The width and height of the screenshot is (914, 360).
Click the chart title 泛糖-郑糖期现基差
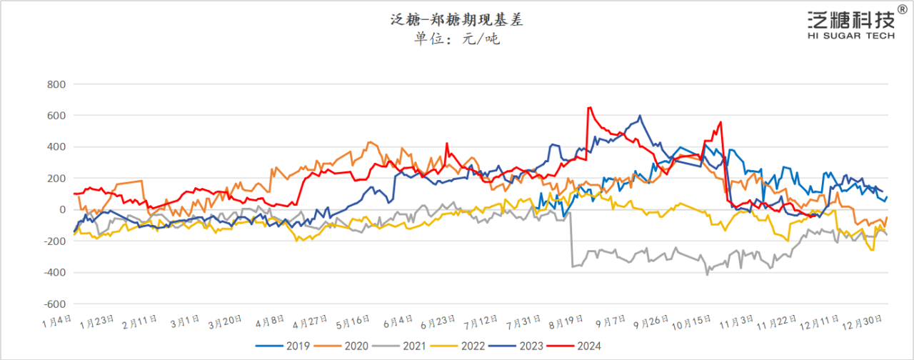coord(457,20)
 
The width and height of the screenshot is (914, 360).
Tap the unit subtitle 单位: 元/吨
coord(457,39)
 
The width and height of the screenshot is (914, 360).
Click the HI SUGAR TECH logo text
coord(850,36)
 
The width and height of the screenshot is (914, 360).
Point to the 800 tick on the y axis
coord(56,84)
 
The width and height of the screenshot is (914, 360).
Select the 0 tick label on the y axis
coord(62,210)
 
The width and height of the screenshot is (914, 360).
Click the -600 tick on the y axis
coord(54,304)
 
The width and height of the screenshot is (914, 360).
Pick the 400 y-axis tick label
coord(56,147)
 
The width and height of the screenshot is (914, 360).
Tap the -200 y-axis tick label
coord(54,241)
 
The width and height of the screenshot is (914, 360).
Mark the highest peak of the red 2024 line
coord(589,108)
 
